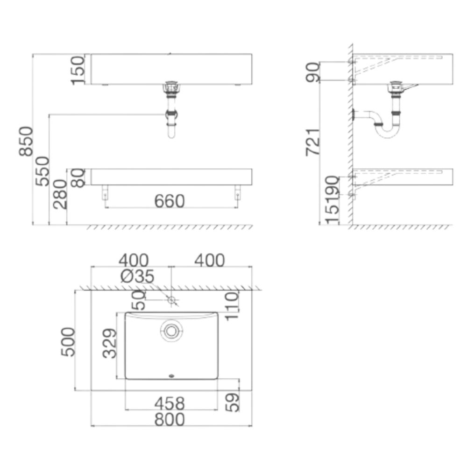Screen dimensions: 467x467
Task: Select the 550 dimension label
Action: coord(42,171)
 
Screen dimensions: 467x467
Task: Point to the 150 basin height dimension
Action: coord(78,70)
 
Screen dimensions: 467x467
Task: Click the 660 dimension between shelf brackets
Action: coord(170,201)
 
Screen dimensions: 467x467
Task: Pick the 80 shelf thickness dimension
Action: coord(78,177)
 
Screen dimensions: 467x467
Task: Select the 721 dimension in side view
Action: coord(313,142)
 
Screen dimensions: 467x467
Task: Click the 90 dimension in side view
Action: coord(312,72)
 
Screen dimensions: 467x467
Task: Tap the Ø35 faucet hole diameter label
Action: coord(137,276)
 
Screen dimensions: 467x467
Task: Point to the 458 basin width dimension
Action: coord(170,403)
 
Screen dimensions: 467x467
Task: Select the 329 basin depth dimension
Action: coord(109,343)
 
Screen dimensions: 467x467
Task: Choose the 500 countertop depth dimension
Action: coord(68,341)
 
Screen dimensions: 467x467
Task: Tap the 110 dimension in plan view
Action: coord(232,304)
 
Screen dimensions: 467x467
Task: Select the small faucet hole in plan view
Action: coord(172,300)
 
